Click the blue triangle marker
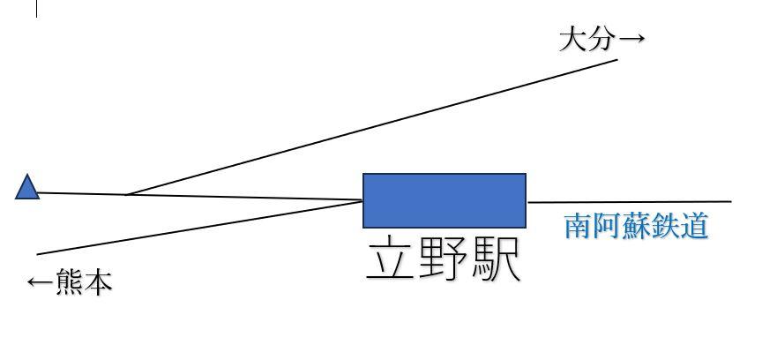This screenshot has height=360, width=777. click(x=27, y=188)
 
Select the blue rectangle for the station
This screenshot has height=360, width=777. click(x=445, y=200)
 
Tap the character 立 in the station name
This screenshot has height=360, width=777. click(x=392, y=258)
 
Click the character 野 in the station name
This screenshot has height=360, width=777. click(x=443, y=258)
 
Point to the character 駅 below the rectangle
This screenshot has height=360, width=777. click(x=495, y=258)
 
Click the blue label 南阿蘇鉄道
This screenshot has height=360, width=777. click(x=636, y=226)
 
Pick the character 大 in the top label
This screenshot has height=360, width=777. click(x=573, y=40)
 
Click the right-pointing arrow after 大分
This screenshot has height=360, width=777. click(x=631, y=40)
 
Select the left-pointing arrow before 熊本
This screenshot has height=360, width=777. click(x=40, y=283)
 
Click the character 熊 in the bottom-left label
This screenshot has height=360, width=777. click(x=70, y=283)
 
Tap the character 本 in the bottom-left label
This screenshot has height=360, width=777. click(x=98, y=283)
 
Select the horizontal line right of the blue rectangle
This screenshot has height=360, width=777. click(x=630, y=202)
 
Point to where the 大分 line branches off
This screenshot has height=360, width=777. click(x=128, y=194)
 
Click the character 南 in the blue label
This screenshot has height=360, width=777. click(x=579, y=226)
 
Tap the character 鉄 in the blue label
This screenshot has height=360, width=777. click(x=665, y=226)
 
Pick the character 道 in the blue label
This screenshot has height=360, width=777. click(x=694, y=226)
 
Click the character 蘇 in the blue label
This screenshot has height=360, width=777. click(x=636, y=226)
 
